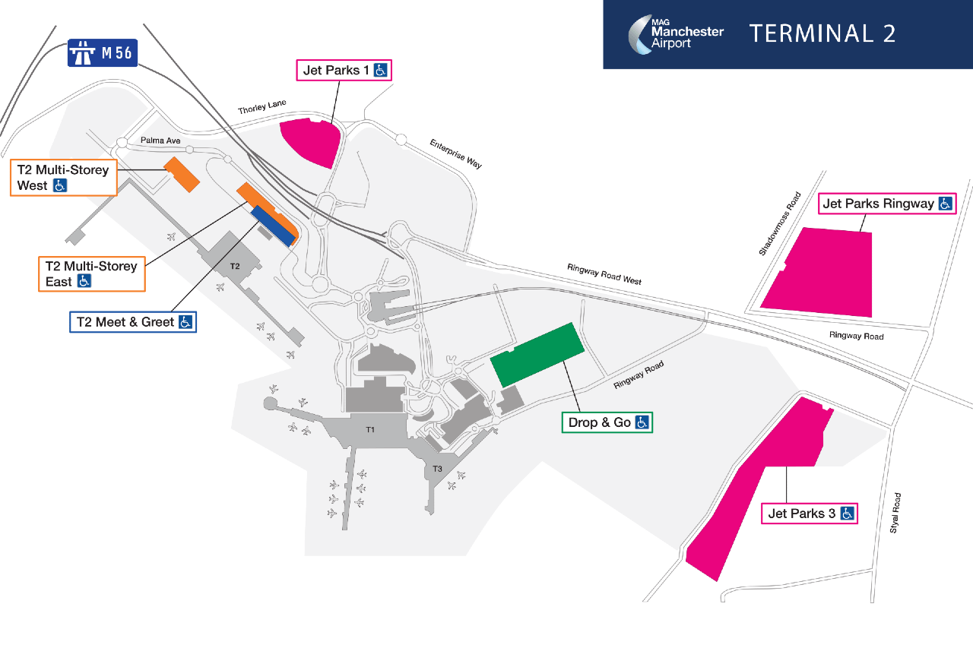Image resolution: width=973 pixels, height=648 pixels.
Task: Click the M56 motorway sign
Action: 103,53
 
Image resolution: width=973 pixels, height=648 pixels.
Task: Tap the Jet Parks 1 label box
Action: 344,71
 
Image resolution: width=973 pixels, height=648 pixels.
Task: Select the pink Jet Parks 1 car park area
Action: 310,141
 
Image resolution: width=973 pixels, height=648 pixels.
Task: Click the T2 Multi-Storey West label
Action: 64,178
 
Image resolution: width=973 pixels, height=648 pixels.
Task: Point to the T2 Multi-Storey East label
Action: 92,274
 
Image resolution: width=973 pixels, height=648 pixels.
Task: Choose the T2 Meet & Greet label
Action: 133,322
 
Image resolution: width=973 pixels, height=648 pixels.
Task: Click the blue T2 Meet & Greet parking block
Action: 274,226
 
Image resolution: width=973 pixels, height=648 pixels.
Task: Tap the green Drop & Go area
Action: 537,355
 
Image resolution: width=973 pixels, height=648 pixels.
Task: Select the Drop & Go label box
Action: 607,422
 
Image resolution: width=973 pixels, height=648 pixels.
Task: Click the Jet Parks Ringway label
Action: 887,204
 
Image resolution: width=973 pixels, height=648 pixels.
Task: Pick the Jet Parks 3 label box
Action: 810,514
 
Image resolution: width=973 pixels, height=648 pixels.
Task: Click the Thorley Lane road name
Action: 262,107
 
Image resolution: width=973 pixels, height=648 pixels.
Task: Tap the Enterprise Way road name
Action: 455,153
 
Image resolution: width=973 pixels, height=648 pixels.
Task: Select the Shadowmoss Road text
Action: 780,223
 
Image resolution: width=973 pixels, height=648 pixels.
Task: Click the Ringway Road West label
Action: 604,274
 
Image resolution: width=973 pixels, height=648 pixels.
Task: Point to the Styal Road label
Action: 895,513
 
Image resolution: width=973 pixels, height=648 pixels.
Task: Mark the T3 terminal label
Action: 437,469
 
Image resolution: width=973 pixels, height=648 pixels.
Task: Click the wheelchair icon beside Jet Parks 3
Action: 847,514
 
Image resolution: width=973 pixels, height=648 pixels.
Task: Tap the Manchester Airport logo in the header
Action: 676,34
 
